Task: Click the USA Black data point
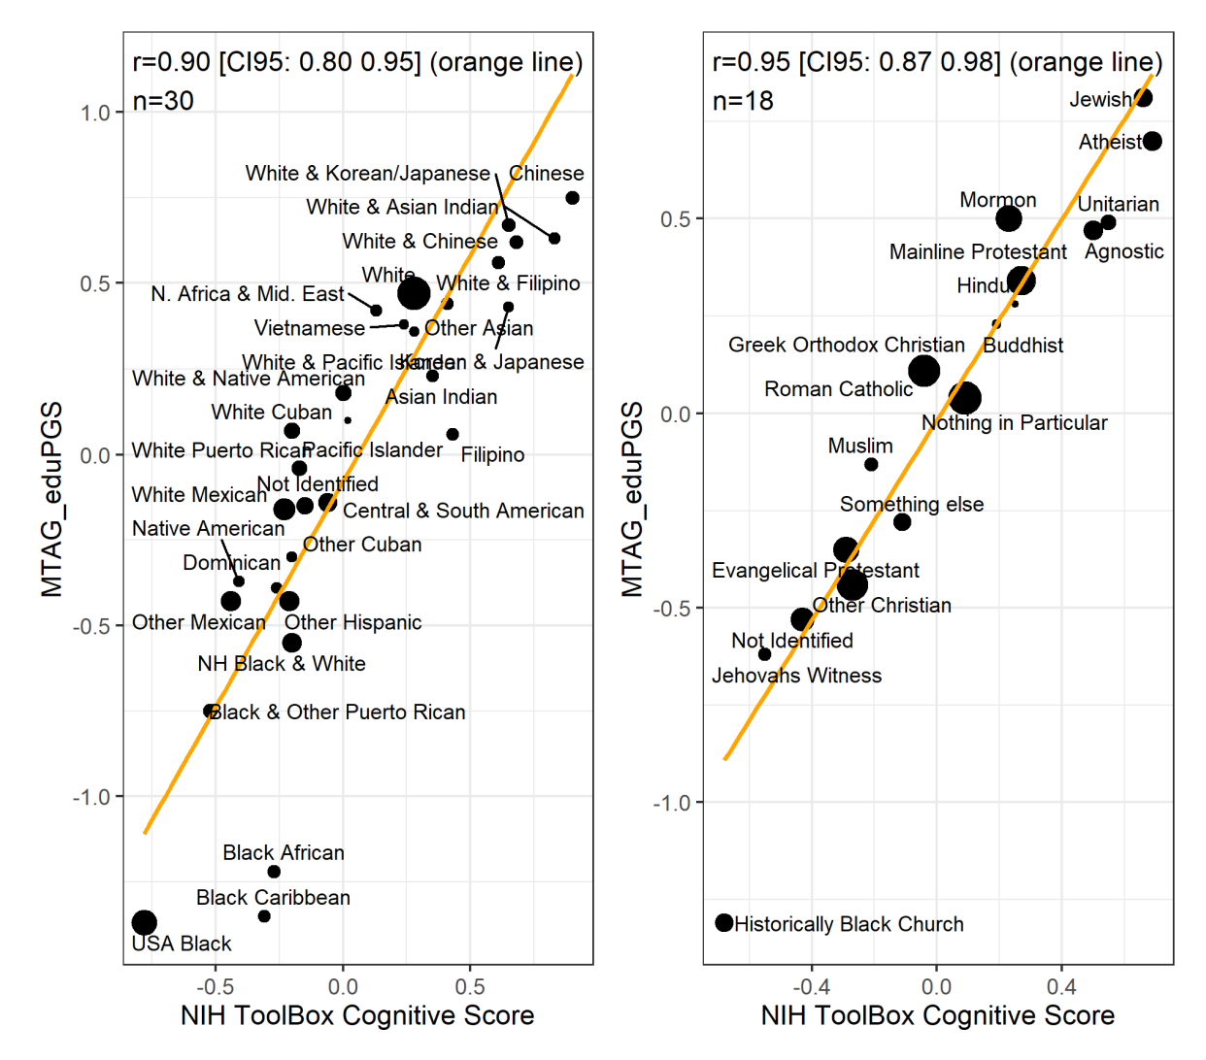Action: (144, 922)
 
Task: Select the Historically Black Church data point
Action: (723, 922)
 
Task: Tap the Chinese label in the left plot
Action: (546, 173)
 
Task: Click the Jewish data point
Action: (1143, 97)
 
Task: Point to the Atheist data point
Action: (1152, 141)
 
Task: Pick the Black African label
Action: (283, 852)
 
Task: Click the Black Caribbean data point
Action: (264, 915)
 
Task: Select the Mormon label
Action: (997, 200)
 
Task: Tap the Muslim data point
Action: (871, 464)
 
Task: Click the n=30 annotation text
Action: (163, 101)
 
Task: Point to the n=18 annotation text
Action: (743, 101)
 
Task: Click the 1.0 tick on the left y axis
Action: (95, 113)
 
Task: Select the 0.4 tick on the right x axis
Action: (1061, 987)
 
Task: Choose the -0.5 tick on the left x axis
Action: (215, 987)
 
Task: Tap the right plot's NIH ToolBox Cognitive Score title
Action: (937, 1016)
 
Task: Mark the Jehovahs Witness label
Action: (796, 676)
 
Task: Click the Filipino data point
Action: (452, 434)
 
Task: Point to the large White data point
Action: (414, 292)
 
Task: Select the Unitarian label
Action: (1118, 204)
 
